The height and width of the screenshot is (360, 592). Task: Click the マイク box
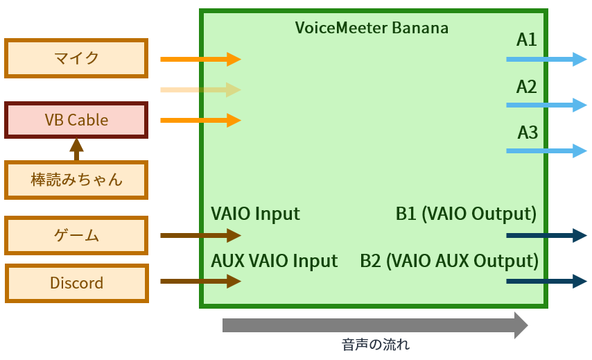[76, 58]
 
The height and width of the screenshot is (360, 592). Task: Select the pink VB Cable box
[76, 120]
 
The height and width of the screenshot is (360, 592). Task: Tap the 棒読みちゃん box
[76, 180]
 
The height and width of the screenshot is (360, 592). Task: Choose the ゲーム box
[76, 236]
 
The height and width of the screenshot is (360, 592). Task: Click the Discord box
[76, 283]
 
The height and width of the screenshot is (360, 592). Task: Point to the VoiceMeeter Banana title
[372, 28]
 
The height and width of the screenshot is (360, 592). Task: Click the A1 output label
[527, 40]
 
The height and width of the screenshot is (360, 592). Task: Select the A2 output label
[527, 87]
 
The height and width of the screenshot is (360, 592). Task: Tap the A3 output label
[528, 132]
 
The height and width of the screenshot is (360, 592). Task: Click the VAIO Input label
[255, 214]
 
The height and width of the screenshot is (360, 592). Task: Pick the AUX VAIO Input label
[274, 261]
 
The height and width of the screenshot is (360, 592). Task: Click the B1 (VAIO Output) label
[466, 214]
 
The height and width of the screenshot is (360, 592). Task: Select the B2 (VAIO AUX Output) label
[449, 261]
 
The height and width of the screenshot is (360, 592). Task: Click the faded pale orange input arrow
[200, 89]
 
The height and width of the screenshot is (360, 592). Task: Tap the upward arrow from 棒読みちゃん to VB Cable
[76, 148]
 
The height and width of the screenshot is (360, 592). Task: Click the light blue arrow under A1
[546, 60]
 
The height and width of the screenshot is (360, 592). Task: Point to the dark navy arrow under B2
[546, 281]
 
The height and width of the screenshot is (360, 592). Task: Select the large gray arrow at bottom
[374, 325]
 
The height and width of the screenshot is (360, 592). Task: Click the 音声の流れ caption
[376, 345]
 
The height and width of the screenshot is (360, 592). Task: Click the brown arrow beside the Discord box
[200, 281]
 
